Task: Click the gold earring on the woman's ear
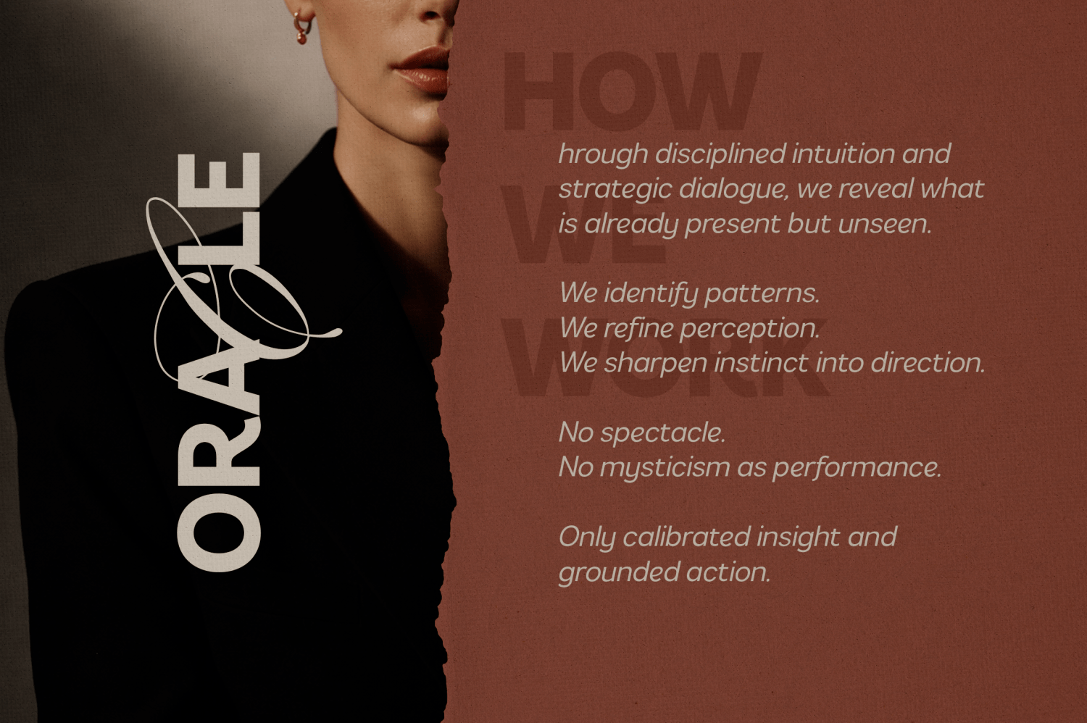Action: pos(301,25)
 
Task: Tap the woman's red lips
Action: pos(422,70)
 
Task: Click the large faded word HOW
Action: pos(630,91)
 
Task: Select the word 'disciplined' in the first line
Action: pos(720,154)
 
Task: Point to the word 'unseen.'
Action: pos(884,224)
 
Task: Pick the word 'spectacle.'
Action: pos(662,433)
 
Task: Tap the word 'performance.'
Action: pos(856,468)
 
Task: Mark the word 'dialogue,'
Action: pos(731,190)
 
